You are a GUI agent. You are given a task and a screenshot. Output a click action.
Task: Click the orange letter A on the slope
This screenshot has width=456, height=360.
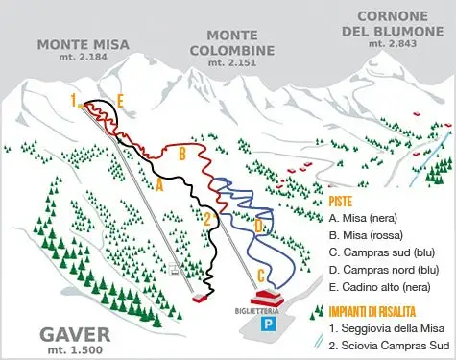pos(159,186)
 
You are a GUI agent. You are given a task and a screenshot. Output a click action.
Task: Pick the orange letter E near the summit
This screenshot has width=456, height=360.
pos(120,99)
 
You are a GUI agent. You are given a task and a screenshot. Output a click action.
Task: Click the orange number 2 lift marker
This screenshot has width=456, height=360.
pos(206,218)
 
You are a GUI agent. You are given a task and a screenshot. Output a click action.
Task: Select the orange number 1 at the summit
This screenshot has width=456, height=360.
pos(72,99)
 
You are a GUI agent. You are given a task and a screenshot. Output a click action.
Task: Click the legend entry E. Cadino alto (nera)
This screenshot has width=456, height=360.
pos(379,286)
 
